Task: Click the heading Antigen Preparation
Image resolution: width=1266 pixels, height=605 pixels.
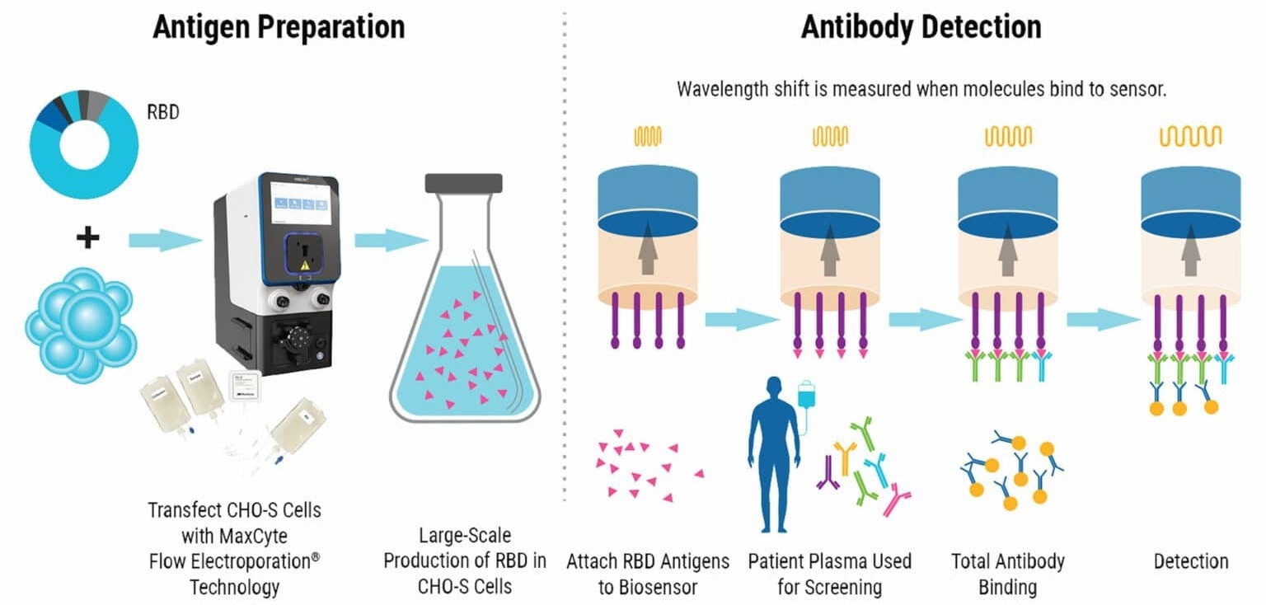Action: point(279,26)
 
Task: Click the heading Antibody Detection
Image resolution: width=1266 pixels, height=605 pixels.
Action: point(921,26)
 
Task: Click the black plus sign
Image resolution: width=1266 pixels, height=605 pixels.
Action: point(87,239)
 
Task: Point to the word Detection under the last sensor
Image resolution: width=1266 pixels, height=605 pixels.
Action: point(1191,561)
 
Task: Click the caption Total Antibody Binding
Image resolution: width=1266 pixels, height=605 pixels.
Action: point(1007,575)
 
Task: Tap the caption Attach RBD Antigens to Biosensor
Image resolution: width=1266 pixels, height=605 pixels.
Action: point(648,575)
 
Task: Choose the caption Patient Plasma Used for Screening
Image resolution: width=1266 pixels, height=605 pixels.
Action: point(829,575)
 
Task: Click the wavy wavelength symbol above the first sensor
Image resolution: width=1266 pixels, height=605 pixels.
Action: point(647,136)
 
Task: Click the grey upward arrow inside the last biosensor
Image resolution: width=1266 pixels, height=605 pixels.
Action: point(1189,252)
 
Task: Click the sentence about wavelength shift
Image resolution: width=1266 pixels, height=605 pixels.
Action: point(921,89)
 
